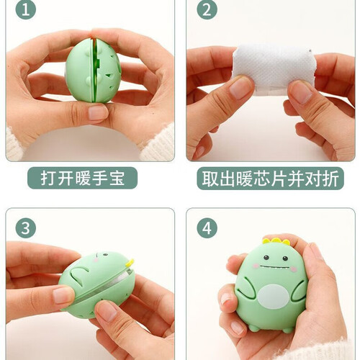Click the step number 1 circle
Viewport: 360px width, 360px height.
click(26, 10)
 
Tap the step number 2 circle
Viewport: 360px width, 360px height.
click(207, 10)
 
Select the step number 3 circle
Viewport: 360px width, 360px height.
click(26, 228)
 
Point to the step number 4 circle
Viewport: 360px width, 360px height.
click(207, 228)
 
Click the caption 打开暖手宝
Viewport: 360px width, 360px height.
click(83, 178)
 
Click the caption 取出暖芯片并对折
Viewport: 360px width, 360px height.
click(270, 179)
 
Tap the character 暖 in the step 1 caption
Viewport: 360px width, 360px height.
click(83, 178)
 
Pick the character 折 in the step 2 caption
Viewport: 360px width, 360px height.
click(330, 179)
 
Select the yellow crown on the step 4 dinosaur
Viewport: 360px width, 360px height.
click(276, 240)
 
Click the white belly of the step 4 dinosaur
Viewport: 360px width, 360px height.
click(274, 296)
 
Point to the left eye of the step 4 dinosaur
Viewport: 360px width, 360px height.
click(266, 258)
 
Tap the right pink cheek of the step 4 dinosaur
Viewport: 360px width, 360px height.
click(294, 269)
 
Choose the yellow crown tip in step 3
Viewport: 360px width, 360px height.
click(130, 263)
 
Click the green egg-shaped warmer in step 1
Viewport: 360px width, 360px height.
click(94, 71)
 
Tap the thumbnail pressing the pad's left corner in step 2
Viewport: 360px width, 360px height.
click(240, 88)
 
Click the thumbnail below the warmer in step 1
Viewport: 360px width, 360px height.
click(98, 112)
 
